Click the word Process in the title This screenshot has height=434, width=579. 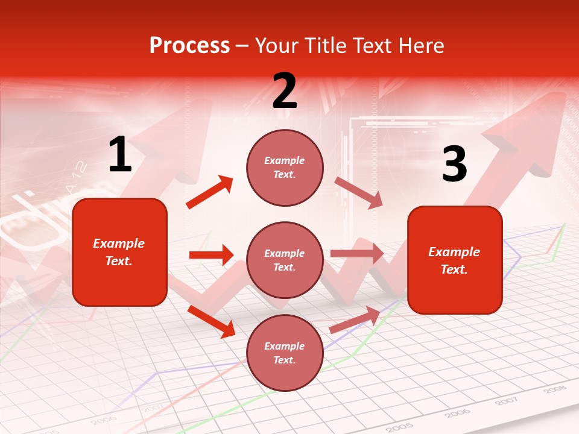[x=189, y=46]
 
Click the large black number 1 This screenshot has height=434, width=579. [x=120, y=155]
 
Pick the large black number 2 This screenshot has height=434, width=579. [x=285, y=91]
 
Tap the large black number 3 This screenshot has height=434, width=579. [x=454, y=164]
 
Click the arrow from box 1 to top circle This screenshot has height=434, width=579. [x=210, y=192]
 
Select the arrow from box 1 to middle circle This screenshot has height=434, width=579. [x=211, y=255]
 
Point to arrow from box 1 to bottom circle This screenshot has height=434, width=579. [x=211, y=321]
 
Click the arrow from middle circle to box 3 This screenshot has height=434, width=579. [x=357, y=253]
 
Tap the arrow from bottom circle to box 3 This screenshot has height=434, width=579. [x=355, y=320]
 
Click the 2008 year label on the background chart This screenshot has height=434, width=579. [x=554, y=389]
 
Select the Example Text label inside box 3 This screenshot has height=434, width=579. [x=454, y=260]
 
